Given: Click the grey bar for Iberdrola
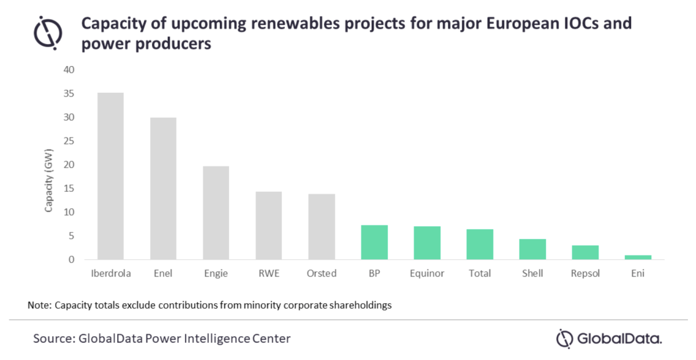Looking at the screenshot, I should tap(110, 176).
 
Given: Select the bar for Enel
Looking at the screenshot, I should tap(163, 188).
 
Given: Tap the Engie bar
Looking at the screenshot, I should tap(216, 213).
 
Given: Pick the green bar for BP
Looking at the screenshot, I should tap(374, 242).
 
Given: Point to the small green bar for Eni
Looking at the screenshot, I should tap(638, 257).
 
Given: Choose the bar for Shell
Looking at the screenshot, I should tap(532, 249).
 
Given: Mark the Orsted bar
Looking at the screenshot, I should tap(321, 227).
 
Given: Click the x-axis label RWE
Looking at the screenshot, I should tap(269, 273).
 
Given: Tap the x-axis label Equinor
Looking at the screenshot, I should tap(427, 273).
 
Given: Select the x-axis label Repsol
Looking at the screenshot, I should tap(585, 273).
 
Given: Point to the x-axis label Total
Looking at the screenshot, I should tap(480, 273).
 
